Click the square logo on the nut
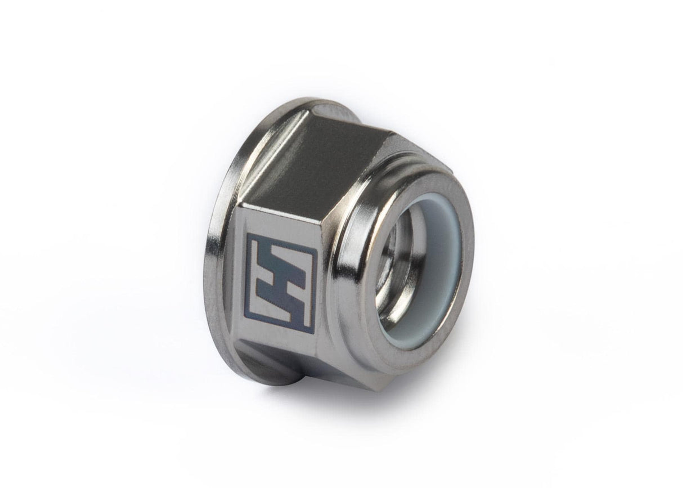pyautogui.click(x=281, y=283)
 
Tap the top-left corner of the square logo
pyautogui.click(x=247, y=234)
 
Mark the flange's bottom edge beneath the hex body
pyautogui.click(x=264, y=380)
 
